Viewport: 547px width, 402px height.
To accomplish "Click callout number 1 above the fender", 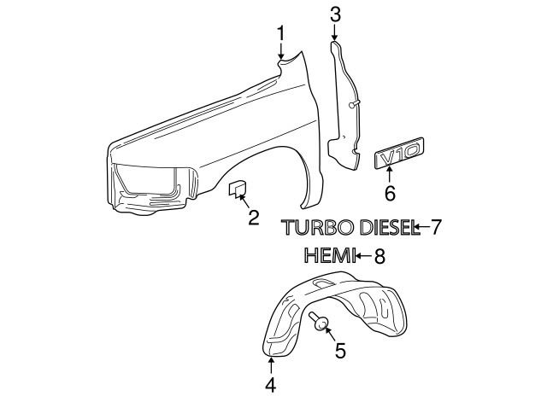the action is pos(281,34).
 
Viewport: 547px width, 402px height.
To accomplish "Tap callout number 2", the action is pos(254,218).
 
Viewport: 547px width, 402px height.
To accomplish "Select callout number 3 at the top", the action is pos(335,15).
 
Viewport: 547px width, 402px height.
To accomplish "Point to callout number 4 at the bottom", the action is pos(270,385).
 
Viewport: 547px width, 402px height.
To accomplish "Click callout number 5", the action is pos(340,350).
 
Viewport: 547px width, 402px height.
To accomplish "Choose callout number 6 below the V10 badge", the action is pos(390,193).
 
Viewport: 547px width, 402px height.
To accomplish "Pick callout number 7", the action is pos(436,227).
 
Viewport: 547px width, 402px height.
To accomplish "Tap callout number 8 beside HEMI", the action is pos(379,256).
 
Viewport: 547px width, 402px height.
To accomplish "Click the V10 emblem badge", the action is pos(399,153).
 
